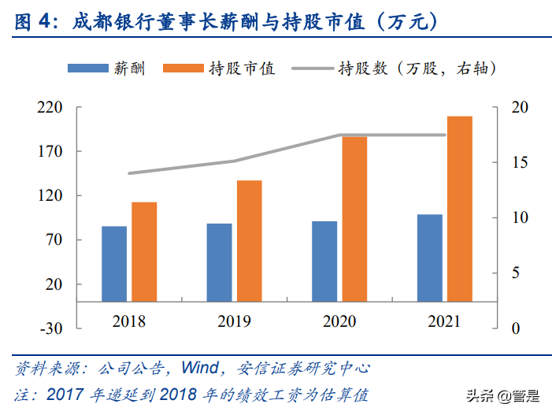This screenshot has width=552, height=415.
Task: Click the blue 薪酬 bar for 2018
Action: [114, 264]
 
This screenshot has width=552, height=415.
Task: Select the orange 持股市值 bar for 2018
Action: [144, 252]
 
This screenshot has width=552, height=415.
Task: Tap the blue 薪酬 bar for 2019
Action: [220, 262]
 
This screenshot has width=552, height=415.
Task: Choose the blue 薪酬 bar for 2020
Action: [324, 261]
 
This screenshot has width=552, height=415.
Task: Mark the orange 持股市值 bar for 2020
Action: [354, 219]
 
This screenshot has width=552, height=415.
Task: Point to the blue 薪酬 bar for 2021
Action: [430, 258]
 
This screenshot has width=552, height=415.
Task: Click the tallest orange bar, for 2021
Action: [460, 209]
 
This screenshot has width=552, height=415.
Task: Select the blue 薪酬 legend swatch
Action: [91, 69]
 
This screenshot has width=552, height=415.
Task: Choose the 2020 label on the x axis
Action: [339, 321]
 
